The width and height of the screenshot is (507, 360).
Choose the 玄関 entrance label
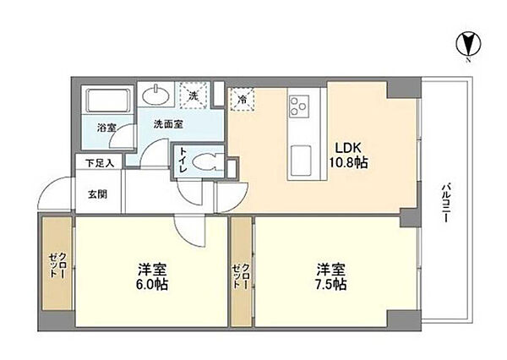97,193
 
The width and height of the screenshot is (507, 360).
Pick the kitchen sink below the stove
301,158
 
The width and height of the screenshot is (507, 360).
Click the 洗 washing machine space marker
195,95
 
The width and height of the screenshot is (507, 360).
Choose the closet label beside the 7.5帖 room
242,275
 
